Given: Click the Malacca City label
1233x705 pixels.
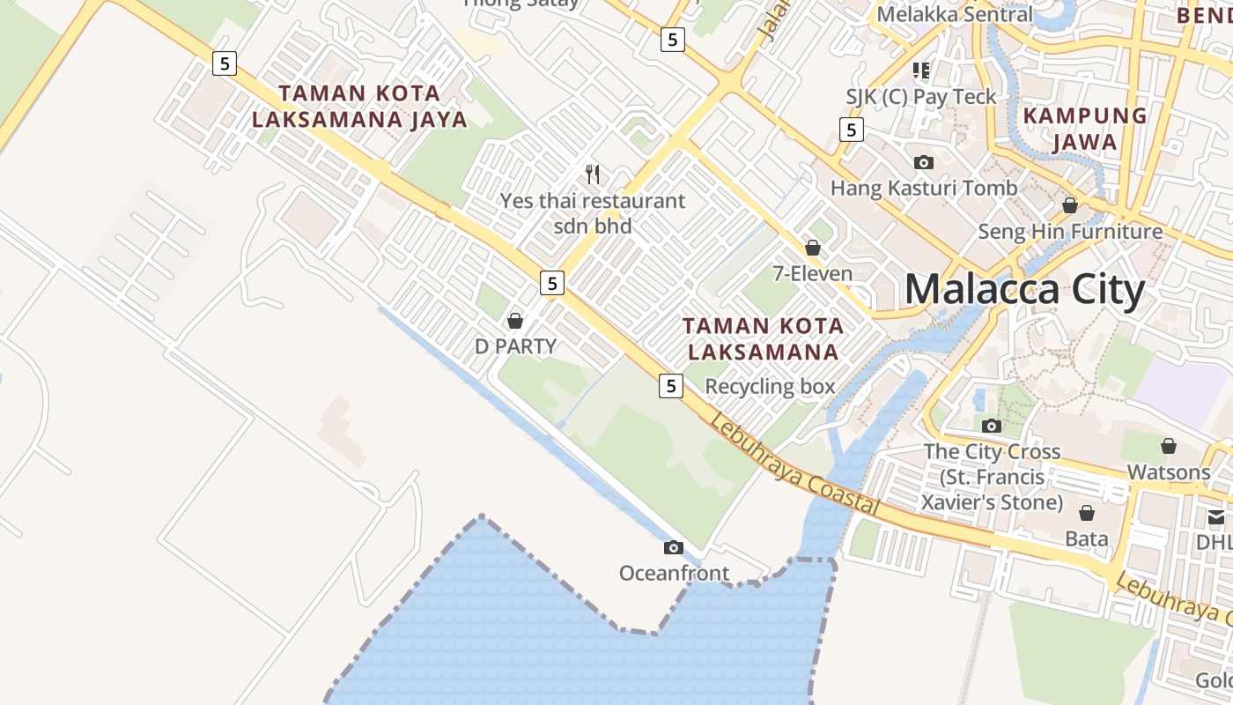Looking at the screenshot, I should point(1024,290).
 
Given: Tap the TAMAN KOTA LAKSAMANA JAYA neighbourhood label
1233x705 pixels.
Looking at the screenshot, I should point(359,106).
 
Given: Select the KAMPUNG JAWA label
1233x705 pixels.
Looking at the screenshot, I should point(1085,129).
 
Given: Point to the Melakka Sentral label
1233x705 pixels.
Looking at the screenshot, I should point(955,14).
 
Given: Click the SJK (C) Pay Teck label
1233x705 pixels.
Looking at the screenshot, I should point(921,97).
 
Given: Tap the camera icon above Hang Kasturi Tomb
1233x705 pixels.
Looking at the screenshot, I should point(923,162).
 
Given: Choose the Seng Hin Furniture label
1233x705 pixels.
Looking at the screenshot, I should point(1070,232).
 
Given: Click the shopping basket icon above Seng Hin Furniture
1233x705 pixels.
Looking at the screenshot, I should point(1070,205).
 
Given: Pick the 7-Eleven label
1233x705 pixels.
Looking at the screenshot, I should point(813,273).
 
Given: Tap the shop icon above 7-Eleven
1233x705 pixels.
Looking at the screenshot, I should point(813,248).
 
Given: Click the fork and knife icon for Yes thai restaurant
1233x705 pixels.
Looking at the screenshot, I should point(593,174).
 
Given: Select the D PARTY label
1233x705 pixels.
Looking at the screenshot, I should point(515,346).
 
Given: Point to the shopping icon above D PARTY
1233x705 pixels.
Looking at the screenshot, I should point(515,320).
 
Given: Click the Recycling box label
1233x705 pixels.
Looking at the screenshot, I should point(770,386).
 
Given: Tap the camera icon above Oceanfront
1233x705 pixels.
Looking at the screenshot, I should point(674,547).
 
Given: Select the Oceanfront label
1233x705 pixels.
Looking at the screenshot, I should point(674,574).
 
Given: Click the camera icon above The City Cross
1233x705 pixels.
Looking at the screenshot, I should point(992,426).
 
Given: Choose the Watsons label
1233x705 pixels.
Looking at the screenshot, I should point(1169,472).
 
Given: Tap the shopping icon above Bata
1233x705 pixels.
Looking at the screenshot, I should point(1087,513).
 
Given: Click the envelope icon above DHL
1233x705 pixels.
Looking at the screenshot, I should point(1216,516).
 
